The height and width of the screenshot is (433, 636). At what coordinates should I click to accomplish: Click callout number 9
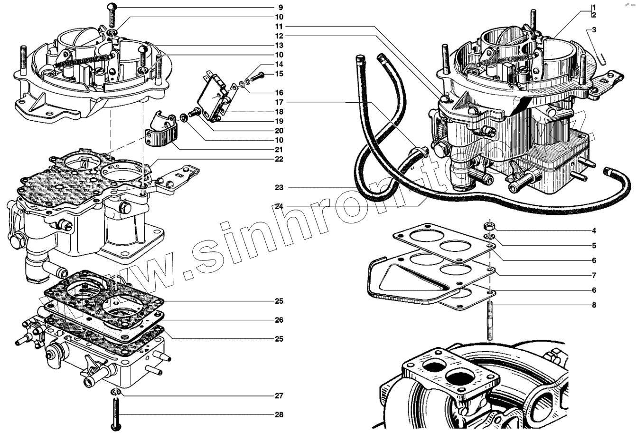[280, 7]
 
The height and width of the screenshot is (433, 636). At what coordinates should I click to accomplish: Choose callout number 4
[593, 231]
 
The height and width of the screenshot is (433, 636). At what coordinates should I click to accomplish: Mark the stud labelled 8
[490, 321]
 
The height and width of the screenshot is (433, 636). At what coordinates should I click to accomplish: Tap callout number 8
[593, 304]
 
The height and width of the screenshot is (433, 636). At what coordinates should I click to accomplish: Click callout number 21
[279, 149]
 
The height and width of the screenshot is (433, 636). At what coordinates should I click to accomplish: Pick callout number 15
[279, 74]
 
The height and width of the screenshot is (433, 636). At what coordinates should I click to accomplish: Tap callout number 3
[594, 29]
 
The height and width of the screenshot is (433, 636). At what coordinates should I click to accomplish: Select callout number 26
[279, 320]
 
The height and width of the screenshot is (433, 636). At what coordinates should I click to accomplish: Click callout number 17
[279, 102]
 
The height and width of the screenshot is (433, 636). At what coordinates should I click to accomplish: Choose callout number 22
[279, 159]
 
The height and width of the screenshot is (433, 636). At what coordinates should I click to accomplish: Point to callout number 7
[593, 275]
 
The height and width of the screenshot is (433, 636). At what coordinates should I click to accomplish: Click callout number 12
[279, 35]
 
